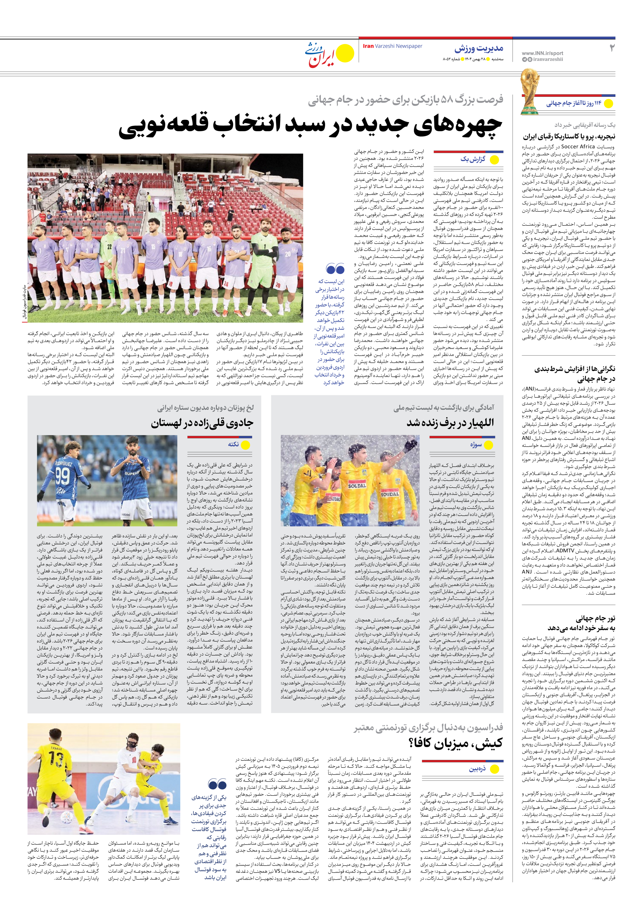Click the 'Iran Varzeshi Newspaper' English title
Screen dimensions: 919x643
pos(392,46)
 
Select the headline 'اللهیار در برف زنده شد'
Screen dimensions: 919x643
pos(450,423)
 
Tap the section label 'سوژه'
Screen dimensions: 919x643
pos(476,445)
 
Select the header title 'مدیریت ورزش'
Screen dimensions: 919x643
pos(479,49)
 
